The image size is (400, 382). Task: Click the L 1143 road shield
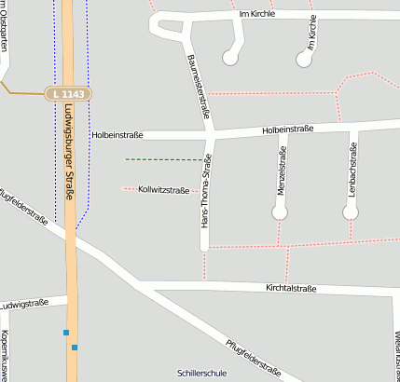point(69,94)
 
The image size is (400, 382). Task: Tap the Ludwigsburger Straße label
point(69,144)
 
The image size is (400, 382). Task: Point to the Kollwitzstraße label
point(163,189)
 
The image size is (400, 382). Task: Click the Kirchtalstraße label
point(291,289)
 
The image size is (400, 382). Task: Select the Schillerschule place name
point(201,373)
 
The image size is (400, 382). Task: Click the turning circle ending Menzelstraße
point(280,212)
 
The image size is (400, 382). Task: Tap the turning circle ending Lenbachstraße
point(351,212)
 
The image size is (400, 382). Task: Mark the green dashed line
point(163,159)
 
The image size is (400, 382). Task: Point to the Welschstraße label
point(396,354)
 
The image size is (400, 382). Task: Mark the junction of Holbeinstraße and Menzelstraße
point(282,130)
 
